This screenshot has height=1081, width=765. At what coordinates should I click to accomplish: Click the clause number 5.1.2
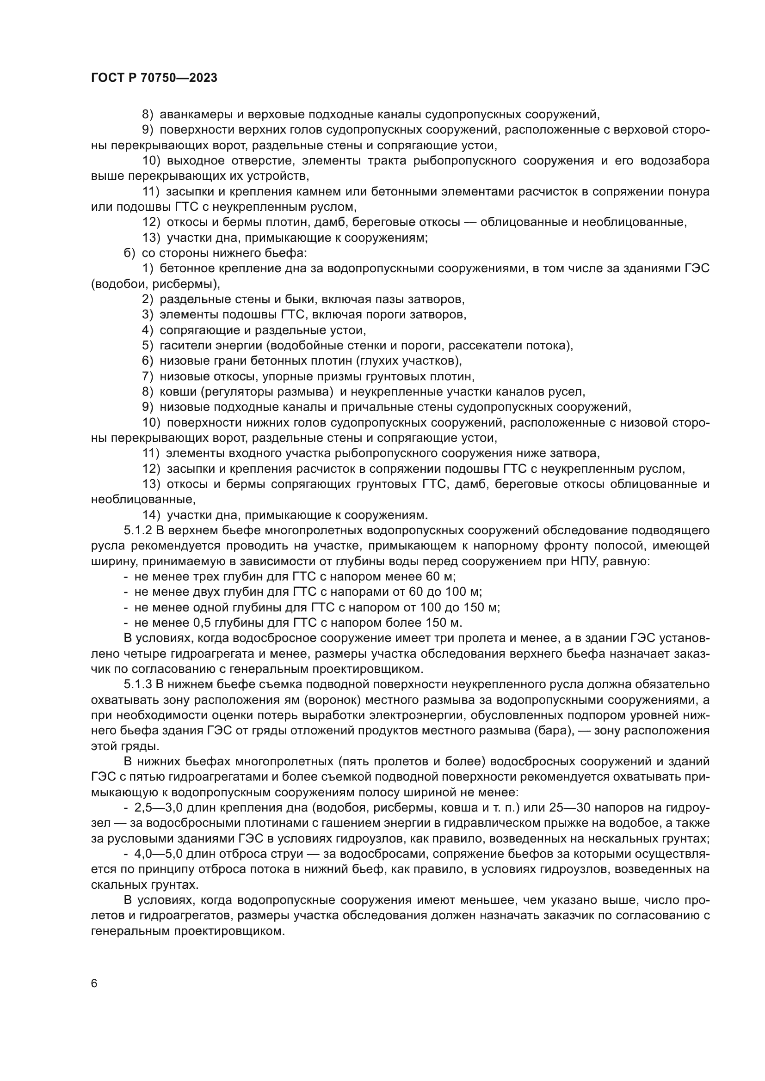(x=137, y=531)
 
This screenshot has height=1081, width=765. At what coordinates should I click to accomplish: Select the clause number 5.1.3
(x=137, y=684)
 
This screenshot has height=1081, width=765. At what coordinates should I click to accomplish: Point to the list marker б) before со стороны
(x=130, y=253)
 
